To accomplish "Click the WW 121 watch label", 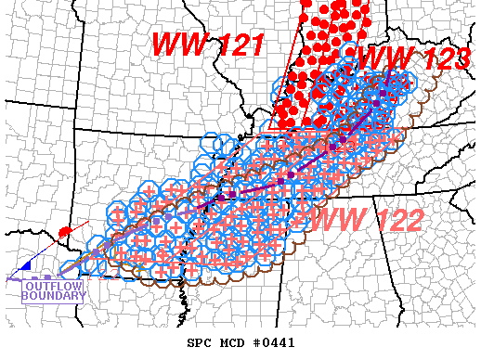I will coord(209,45).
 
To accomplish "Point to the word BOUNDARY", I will coord(55,297).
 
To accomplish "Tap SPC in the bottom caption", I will coord(199,342).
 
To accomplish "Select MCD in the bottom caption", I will coord(227,342).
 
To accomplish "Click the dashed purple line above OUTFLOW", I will coord(37,277).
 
